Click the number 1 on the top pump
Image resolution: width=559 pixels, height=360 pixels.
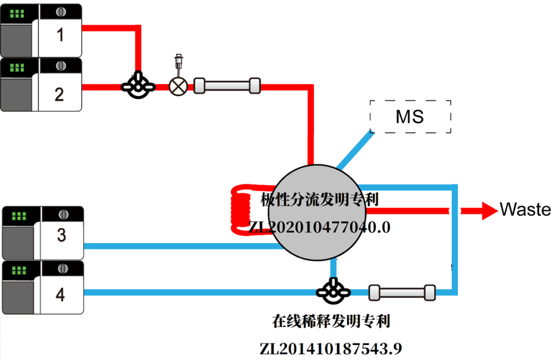click(61, 35)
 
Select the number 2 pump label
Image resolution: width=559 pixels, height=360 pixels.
click(60, 94)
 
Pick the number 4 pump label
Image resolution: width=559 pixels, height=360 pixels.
click(61, 295)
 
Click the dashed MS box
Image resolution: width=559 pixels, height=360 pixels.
click(410, 116)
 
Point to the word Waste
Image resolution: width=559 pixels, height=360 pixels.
click(525, 210)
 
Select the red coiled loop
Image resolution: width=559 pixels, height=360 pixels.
click(241, 208)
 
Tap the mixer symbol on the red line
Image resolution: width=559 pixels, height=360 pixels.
click(138, 86)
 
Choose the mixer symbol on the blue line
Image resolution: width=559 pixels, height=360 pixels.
click(332, 292)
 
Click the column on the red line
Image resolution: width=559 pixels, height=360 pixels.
click(227, 85)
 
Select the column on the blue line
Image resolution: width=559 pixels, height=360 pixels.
click(402, 293)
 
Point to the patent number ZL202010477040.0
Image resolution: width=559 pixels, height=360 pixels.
click(319, 227)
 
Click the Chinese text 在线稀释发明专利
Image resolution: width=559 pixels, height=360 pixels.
click(331, 322)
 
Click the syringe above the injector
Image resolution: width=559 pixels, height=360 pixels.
click(179, 62)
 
